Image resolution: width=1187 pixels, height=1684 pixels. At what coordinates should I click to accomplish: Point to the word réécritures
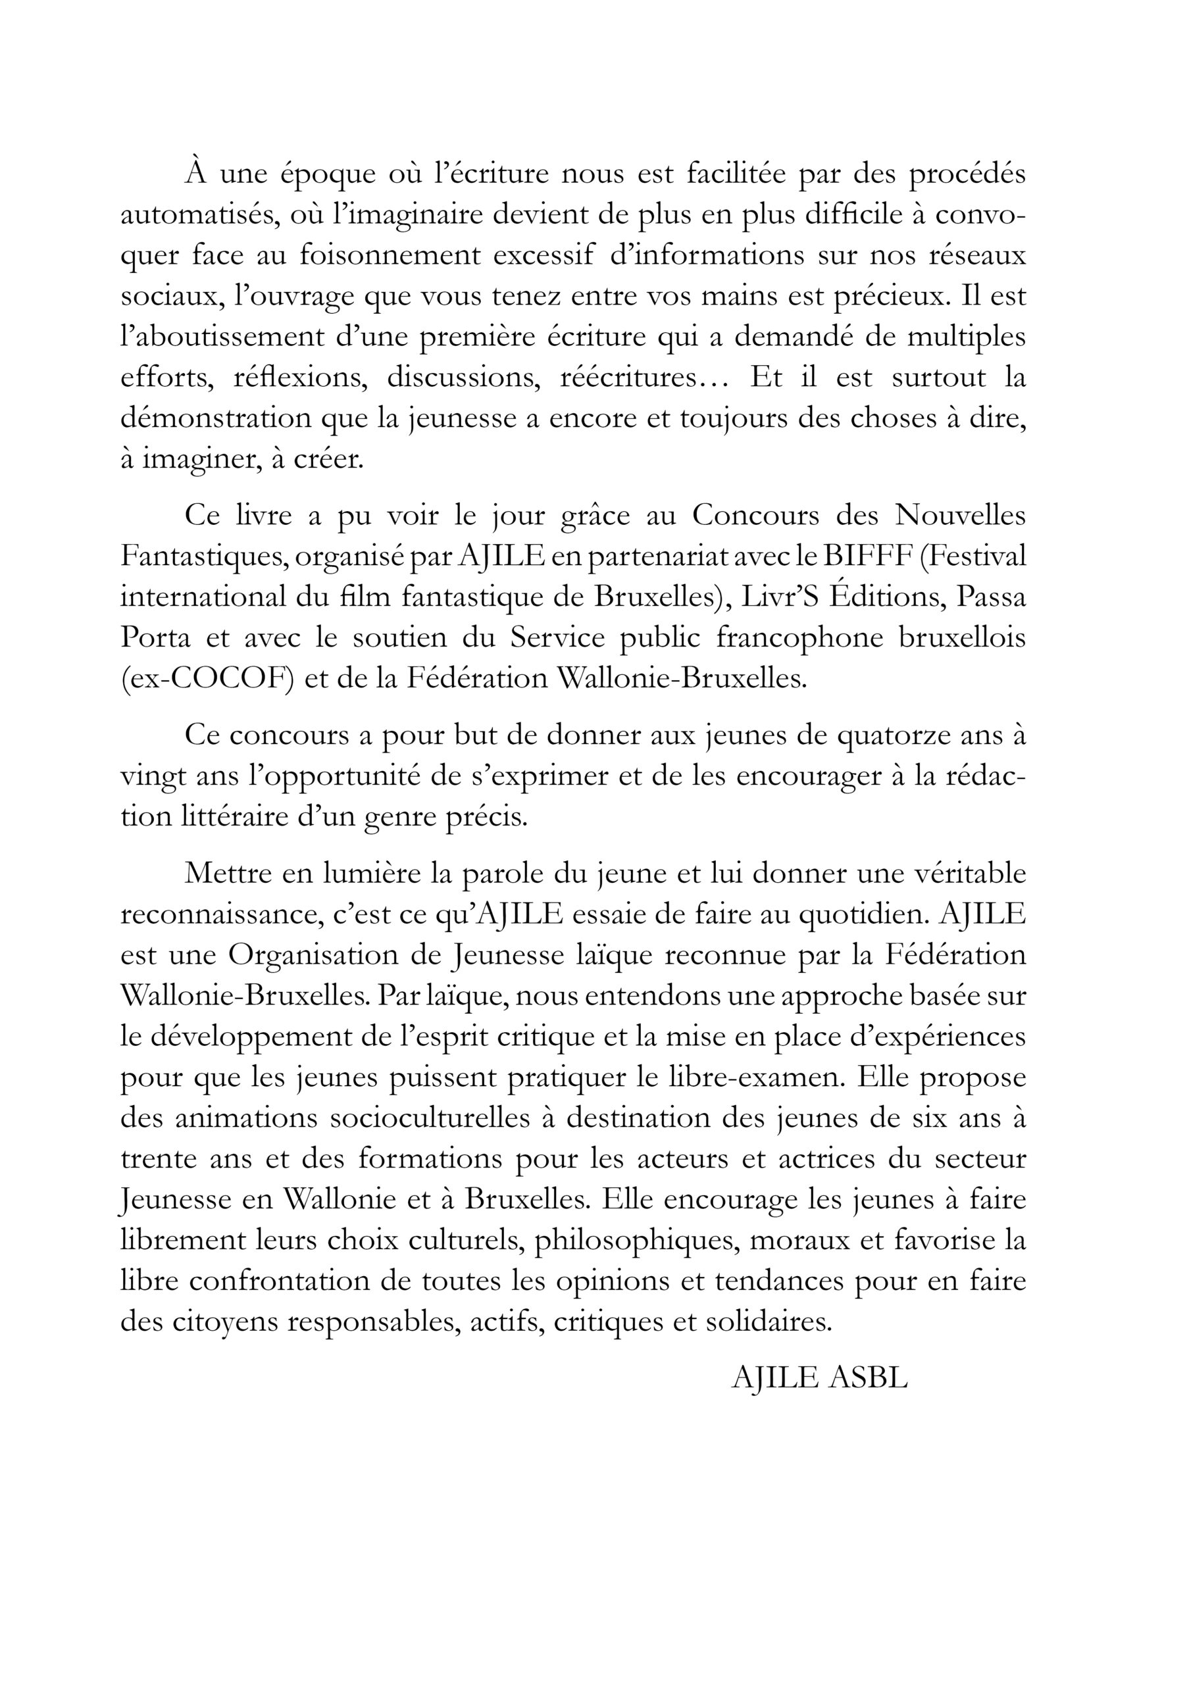coord(637,377)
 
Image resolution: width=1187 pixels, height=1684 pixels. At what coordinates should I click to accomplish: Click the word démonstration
coord(215,418)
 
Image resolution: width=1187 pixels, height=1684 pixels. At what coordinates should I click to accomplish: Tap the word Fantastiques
coord(202,557)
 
